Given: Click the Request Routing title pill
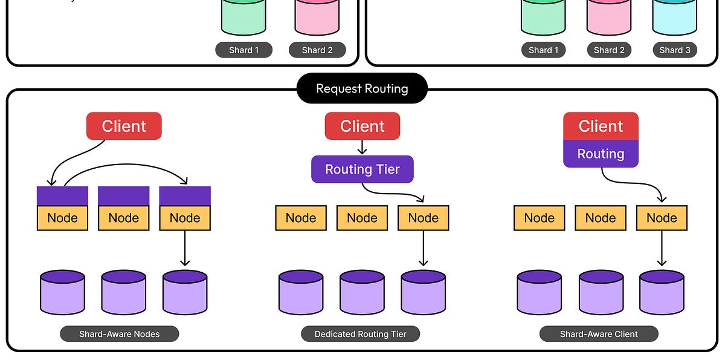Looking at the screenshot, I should [x=362, y=89].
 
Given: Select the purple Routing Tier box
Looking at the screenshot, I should [x=362, y=169].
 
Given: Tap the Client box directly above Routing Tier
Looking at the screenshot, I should [x=362, y=126].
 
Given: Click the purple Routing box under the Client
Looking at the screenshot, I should [x=601, y=154].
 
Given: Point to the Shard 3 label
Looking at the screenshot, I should [x=675, y=50].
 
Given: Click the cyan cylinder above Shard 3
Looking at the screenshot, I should [x=674, y=17].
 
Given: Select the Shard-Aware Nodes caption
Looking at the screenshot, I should [x=120, y=334].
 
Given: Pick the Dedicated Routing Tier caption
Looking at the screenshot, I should [x=361, y=334].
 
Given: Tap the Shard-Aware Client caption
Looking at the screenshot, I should [x=599, y=334].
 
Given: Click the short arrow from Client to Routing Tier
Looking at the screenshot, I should [x=362, y=148].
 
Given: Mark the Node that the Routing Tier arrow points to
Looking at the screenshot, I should [x=423, y=218].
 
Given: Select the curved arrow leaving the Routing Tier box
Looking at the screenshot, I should [x=393, y=192].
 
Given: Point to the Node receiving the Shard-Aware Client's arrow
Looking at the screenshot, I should [x=662, y=218].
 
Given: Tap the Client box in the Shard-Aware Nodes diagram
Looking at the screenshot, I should [x=124, y=126].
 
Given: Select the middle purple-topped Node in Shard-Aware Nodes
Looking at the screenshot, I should [x=123, y=209].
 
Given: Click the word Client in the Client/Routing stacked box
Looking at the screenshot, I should [x=601, y=126].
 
